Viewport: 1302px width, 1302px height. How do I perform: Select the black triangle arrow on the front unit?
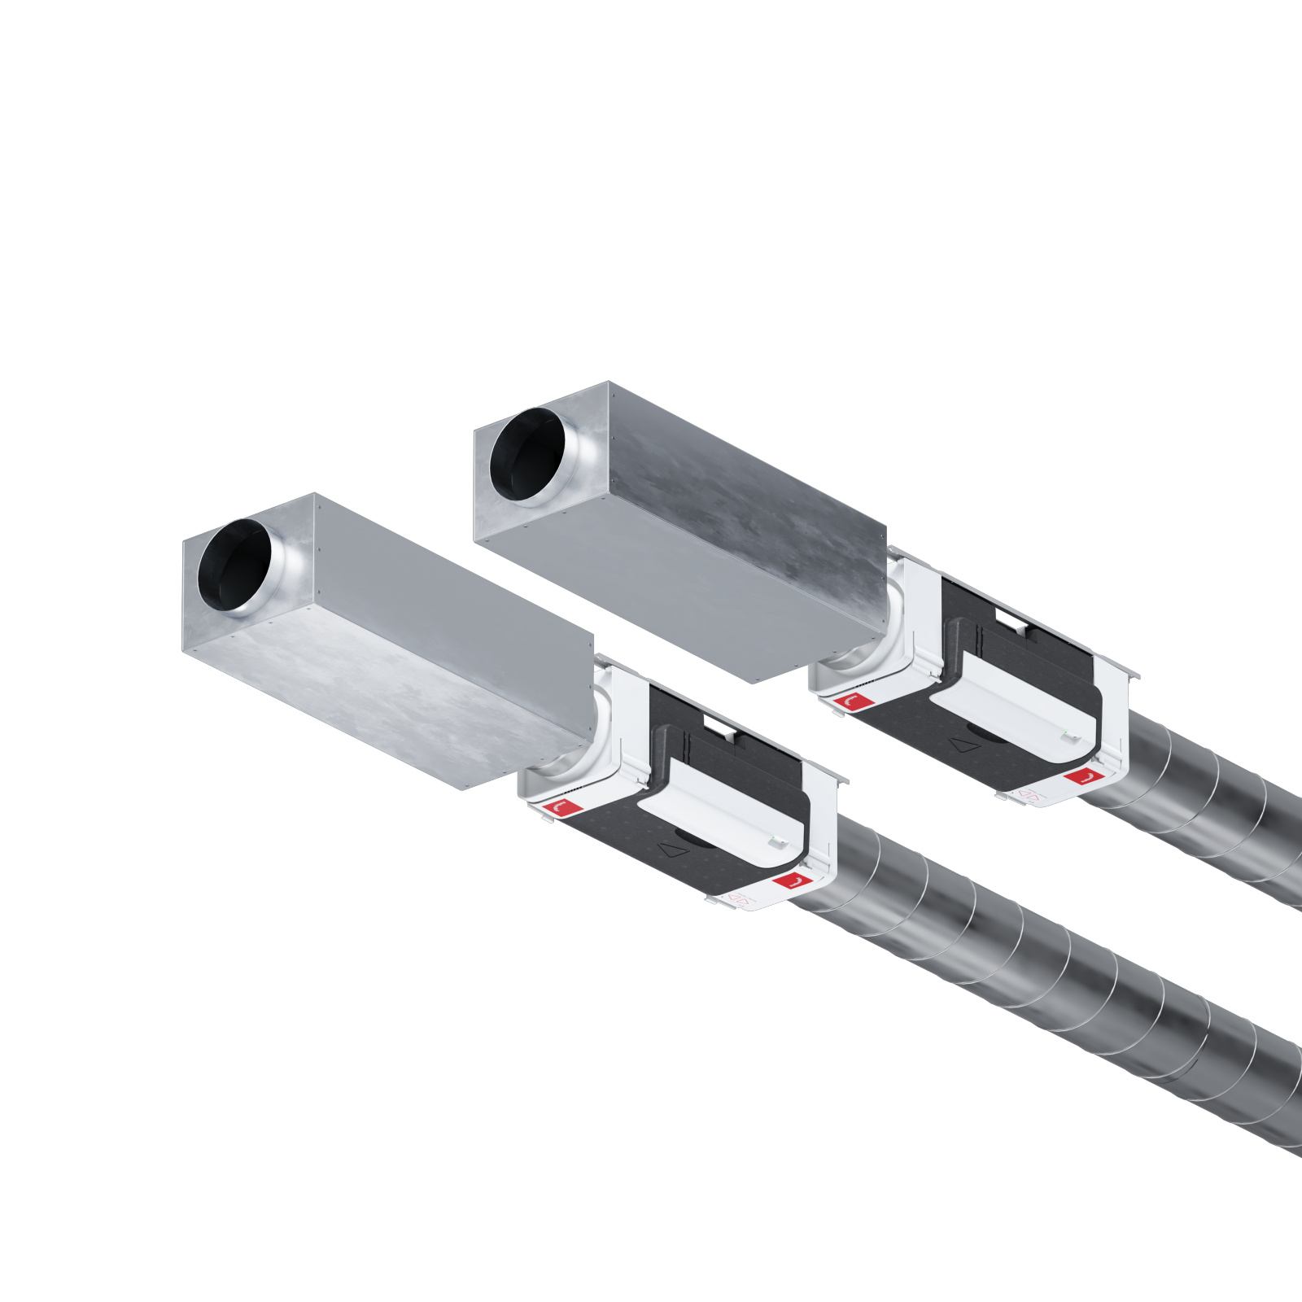pyautogui.click(x=673, y=850)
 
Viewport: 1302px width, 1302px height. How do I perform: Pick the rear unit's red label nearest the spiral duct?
pyautogui.click(x=1082, y=776)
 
